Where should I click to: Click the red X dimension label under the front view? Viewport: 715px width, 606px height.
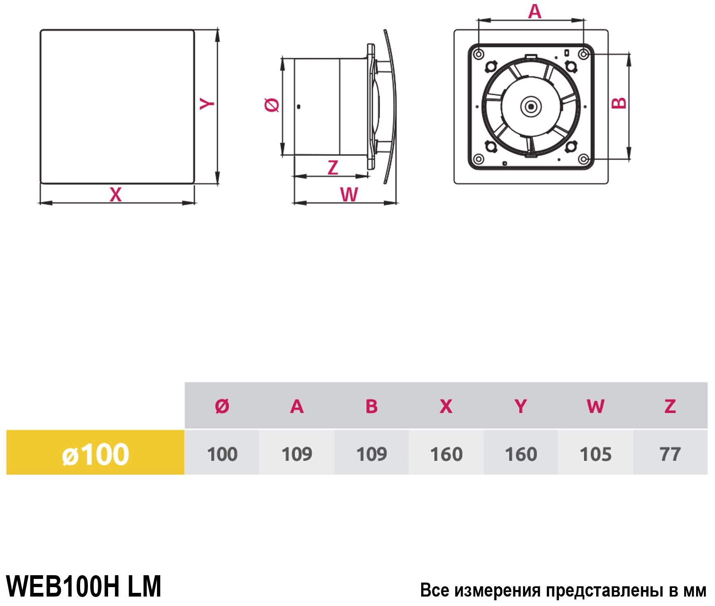116,194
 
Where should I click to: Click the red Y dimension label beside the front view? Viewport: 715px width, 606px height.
207,103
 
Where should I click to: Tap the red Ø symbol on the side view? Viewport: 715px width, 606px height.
272,105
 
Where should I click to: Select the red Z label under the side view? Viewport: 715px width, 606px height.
333,168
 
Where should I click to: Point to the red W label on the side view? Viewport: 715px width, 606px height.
349,194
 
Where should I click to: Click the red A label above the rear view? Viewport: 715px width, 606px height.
535,11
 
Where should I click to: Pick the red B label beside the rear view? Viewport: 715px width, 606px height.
619,103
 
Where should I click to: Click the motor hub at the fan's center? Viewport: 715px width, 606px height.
531,106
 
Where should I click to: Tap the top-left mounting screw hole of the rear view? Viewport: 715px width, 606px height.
478,54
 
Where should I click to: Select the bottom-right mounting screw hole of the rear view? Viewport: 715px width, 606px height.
583,159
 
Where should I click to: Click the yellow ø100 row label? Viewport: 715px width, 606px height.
95,454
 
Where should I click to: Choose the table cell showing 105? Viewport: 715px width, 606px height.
595,454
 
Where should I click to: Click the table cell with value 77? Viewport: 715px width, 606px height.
670,454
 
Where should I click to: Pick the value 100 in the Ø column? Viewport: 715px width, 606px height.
222,454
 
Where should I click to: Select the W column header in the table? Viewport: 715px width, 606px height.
595,406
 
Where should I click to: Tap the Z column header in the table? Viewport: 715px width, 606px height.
670,406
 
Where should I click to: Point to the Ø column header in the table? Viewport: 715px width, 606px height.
222,406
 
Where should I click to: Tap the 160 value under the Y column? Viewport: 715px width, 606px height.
521,454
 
